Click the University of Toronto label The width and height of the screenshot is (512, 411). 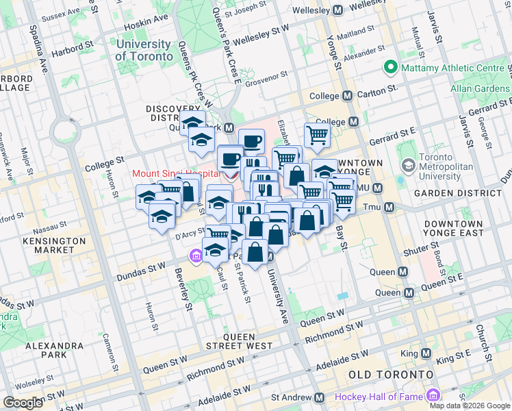pos(143,50)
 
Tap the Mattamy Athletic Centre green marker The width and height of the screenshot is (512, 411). pos(391,67)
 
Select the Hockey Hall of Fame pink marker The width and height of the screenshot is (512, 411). pos(432,396)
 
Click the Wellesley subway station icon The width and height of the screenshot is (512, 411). pos(337,11)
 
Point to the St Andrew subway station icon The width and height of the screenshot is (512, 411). pos(318,397)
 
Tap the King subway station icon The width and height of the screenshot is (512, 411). pos(426,354)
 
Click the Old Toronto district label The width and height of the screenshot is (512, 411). pos(391,375)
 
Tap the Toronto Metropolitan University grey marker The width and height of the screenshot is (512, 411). pos(409,165)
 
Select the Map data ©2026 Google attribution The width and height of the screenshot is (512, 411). pos(470,406)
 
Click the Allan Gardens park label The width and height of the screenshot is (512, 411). pos(480,88)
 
